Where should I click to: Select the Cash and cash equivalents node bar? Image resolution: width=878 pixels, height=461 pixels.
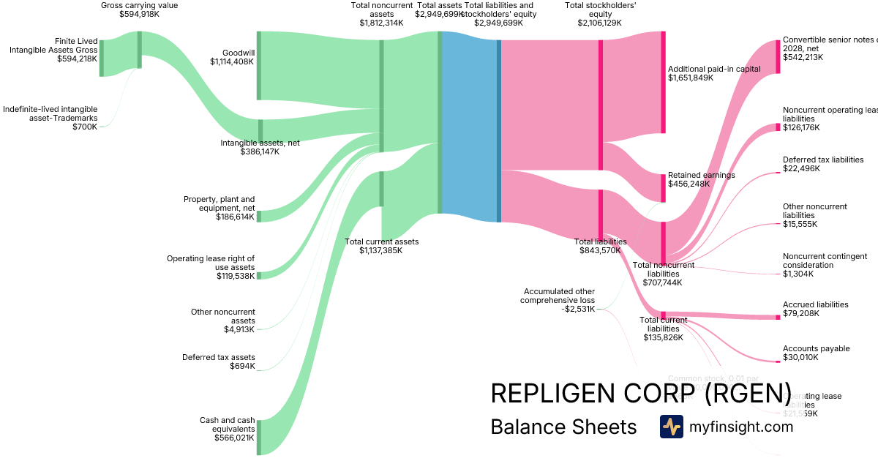pos(258,437)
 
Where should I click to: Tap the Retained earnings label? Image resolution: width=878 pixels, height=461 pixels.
pos(702,176)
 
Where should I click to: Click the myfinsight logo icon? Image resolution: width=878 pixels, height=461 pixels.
pos(671,427)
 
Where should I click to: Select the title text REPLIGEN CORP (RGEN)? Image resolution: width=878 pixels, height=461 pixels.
pos(641,393)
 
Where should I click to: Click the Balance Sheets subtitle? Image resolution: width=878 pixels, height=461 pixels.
pos(563,427)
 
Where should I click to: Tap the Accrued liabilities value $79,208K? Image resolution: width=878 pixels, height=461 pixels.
pos(801,314)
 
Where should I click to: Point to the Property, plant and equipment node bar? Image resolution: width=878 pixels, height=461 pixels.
pos(258,216)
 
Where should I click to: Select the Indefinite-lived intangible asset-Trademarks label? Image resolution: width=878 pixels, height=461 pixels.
pos(50,113)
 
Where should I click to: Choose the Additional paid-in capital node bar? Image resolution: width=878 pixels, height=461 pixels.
pos(663,82)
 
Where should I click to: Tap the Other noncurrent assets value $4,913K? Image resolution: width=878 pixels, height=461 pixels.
pos(239,329)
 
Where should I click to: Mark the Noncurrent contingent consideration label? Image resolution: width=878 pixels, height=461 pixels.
pos(814,261)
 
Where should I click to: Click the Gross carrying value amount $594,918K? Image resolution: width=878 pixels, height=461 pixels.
pos(139,13)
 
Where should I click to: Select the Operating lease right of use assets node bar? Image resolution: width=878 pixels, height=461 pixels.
pos(258,275)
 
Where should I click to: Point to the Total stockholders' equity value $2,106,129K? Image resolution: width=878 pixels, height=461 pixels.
pos(599,23)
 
